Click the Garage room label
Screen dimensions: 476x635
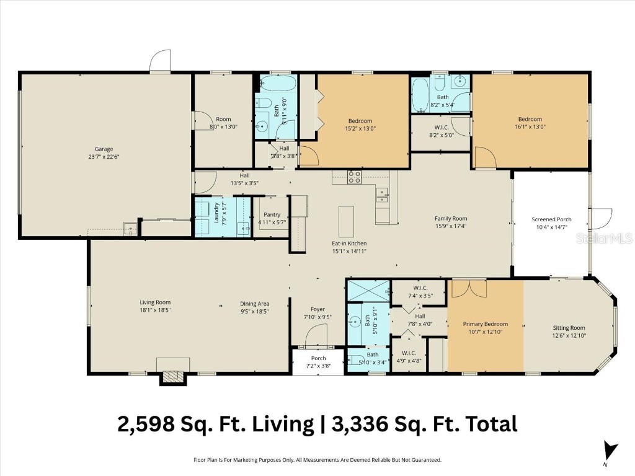(x=104, y=149)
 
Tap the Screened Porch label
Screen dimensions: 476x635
(x=551, y=219)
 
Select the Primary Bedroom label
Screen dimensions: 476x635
(x=486, y=324)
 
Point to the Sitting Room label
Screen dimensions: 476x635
(x=569, y=328)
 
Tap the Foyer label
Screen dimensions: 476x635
(x=317, y=309)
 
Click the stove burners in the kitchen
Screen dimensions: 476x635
(x=355, y=177)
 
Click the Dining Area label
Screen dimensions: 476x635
(x=254, y=304)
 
